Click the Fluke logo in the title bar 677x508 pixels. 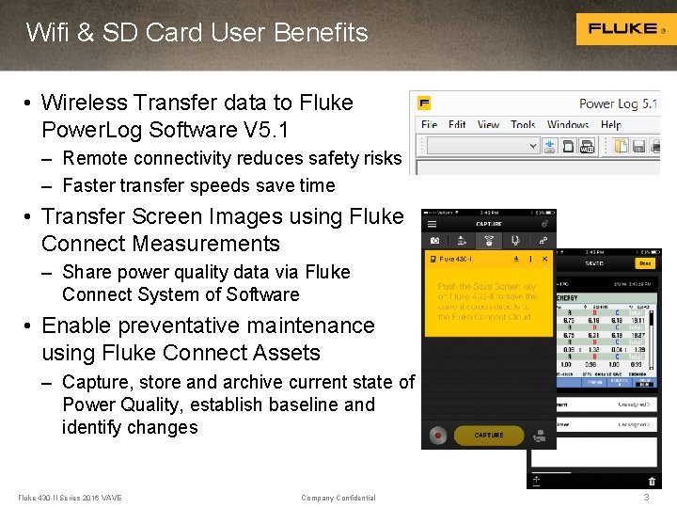click(x=622, y=29)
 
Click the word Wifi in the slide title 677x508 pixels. click(x=47, y=33)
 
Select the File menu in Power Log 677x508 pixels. click(x=430, y=124)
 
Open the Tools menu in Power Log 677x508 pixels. click(x=523, y=124)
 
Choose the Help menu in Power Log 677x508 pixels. click(x=611, y=124)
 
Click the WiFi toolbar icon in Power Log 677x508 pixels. click(x=588, y=147)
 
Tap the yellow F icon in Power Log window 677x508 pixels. click(x=425, y=103)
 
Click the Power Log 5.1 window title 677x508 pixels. click(x=619, y=103)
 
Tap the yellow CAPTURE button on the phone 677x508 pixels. click(x=488, y=436)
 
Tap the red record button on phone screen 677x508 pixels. click(x=437, y=437)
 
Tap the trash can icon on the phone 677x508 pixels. click(x=651, y=481)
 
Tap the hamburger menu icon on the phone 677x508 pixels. click(x=432, y=224)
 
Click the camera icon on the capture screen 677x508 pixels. click(x=434, y=241)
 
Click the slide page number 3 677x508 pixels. click(x=646, y=497)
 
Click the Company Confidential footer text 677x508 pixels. click(x=338, y=498)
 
